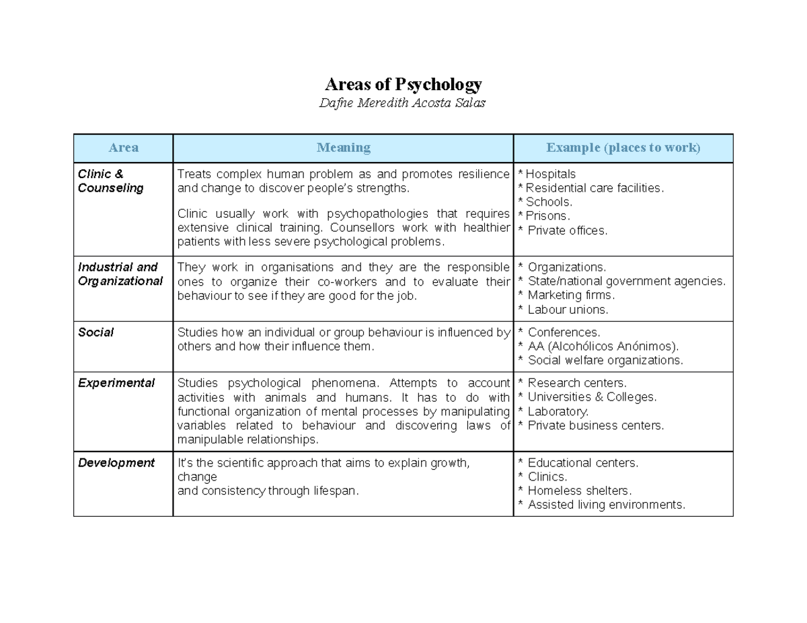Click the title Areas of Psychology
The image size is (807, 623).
point(403,85)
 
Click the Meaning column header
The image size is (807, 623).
point(343,148)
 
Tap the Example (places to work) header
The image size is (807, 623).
point(623,148)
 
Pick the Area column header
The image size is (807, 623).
point(123,148)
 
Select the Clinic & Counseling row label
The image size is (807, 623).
point(110,181)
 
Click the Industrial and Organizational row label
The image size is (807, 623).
point(120,274)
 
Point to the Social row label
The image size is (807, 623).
point(95,332)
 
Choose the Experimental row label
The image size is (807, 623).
point(116,383)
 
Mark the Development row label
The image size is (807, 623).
point(116,462)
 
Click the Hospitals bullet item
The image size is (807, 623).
point(550,174)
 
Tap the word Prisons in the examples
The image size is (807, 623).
point(547,216)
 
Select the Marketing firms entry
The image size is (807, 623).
point(571,295)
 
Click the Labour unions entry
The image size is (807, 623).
point(568,310)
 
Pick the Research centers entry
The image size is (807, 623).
point(577,383)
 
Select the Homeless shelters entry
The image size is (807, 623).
point(580,491)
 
